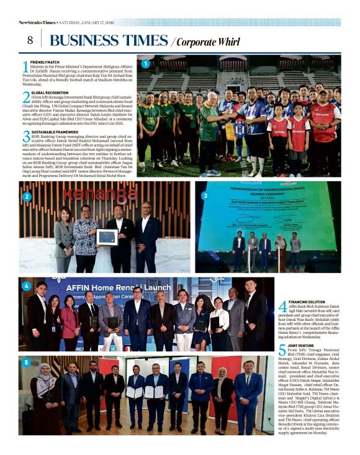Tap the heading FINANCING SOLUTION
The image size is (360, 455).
coord(307,302)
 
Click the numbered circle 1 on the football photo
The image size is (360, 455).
coord(145,64)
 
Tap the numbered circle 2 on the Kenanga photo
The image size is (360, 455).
coord(27,197)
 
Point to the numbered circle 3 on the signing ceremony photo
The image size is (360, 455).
coord(205,196)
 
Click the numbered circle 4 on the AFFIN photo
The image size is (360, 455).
coord(27,286)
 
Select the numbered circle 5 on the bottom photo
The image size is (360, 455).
coord(27,363)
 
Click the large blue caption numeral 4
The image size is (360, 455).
coord(282,307)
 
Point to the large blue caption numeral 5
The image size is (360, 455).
coord(282,351)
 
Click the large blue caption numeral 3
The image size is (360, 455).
coord(25,137)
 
